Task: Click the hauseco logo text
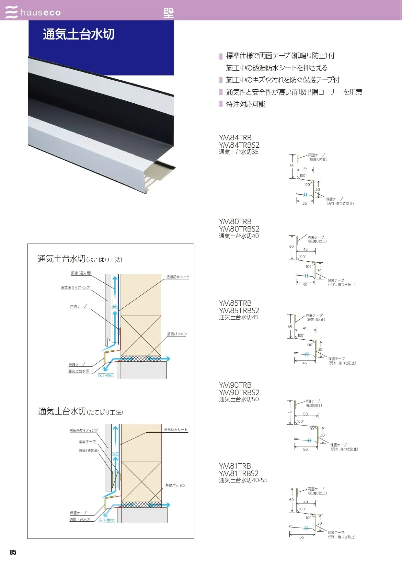(40, 13)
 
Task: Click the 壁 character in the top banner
(168, 13)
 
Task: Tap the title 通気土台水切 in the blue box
(79, 34)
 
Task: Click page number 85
(13, 552)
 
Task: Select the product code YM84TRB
(235, 138)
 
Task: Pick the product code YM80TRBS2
(239, 229)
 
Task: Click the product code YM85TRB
(235, 303)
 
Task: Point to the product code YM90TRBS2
(239, 392)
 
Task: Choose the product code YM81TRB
(235, 466)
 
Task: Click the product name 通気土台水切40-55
(243, 480)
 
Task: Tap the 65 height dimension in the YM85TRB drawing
(290, 327)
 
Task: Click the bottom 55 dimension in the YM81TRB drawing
(302, 537)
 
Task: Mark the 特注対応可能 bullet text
(246, 104)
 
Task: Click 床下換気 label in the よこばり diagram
(106, 375)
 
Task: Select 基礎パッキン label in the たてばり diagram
(175, 485)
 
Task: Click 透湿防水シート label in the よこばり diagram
(178, 277)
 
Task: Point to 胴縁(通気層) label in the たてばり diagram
(88, 450)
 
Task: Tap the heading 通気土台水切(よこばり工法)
(80, 259)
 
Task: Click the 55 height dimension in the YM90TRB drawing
(289, 411)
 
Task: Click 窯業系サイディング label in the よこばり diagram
(75, 288)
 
